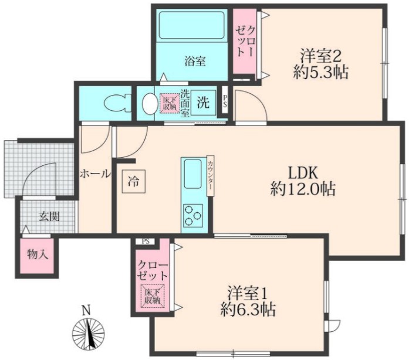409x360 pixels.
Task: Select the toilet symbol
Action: [114, 104]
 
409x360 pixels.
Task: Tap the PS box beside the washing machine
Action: [227, 100]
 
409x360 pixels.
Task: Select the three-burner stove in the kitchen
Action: [192, 214]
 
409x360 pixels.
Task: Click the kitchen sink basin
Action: [192, 174]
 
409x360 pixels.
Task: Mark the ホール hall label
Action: [94, 174]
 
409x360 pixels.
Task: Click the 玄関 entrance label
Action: [49, 216]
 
